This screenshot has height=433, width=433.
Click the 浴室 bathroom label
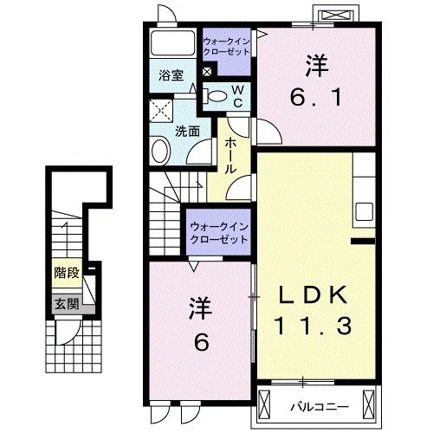[170, 75]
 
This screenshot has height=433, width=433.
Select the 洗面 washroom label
[188, 131]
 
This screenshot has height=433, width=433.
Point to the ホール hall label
[231, 155]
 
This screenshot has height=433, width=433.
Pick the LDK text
[313, 295]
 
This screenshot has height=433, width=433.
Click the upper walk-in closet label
[226, 46]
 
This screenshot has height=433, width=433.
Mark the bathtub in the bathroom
[173, 43]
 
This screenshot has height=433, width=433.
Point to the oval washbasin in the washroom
[160, 152]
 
